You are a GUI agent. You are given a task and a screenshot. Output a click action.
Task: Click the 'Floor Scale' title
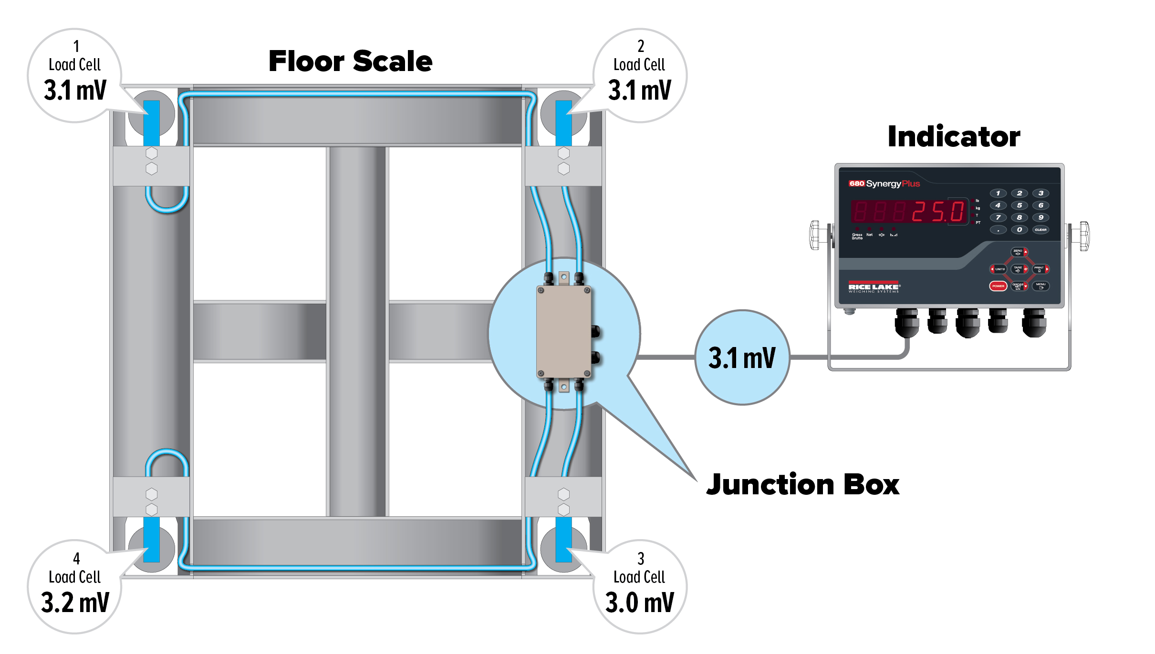pos(351,61)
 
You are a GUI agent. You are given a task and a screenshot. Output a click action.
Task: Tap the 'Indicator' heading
pos(954,137)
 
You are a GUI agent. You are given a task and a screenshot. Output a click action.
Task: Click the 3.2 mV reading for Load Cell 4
pos(75,603)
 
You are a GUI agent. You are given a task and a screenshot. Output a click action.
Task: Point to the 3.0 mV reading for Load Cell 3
pos(639,603)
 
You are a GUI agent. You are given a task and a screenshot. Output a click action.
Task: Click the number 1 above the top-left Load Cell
pos(76,46)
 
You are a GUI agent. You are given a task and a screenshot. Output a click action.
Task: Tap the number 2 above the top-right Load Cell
pos(641,46)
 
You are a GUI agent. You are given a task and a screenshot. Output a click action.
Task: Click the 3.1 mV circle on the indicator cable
pos(742,358)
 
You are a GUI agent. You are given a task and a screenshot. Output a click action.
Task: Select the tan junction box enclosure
pos(563,332)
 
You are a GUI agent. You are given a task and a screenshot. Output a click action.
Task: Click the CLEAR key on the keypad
pos(1041,230)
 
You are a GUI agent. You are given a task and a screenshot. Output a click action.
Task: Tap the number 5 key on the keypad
pos(1019,205)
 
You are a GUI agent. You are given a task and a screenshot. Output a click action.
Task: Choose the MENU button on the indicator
pos(1041,286)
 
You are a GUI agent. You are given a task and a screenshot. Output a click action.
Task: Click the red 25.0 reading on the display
pos(938,212)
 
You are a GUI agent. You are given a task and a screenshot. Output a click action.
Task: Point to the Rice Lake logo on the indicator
pos(874,287)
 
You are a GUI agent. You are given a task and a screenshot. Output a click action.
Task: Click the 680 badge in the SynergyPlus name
pos(856,184)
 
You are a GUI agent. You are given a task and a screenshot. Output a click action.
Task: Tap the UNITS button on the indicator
pos(999,269)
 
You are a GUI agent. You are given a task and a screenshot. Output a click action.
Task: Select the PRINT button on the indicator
pos(1039,269)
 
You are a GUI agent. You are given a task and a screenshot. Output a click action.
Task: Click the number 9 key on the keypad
pos(1041,217)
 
